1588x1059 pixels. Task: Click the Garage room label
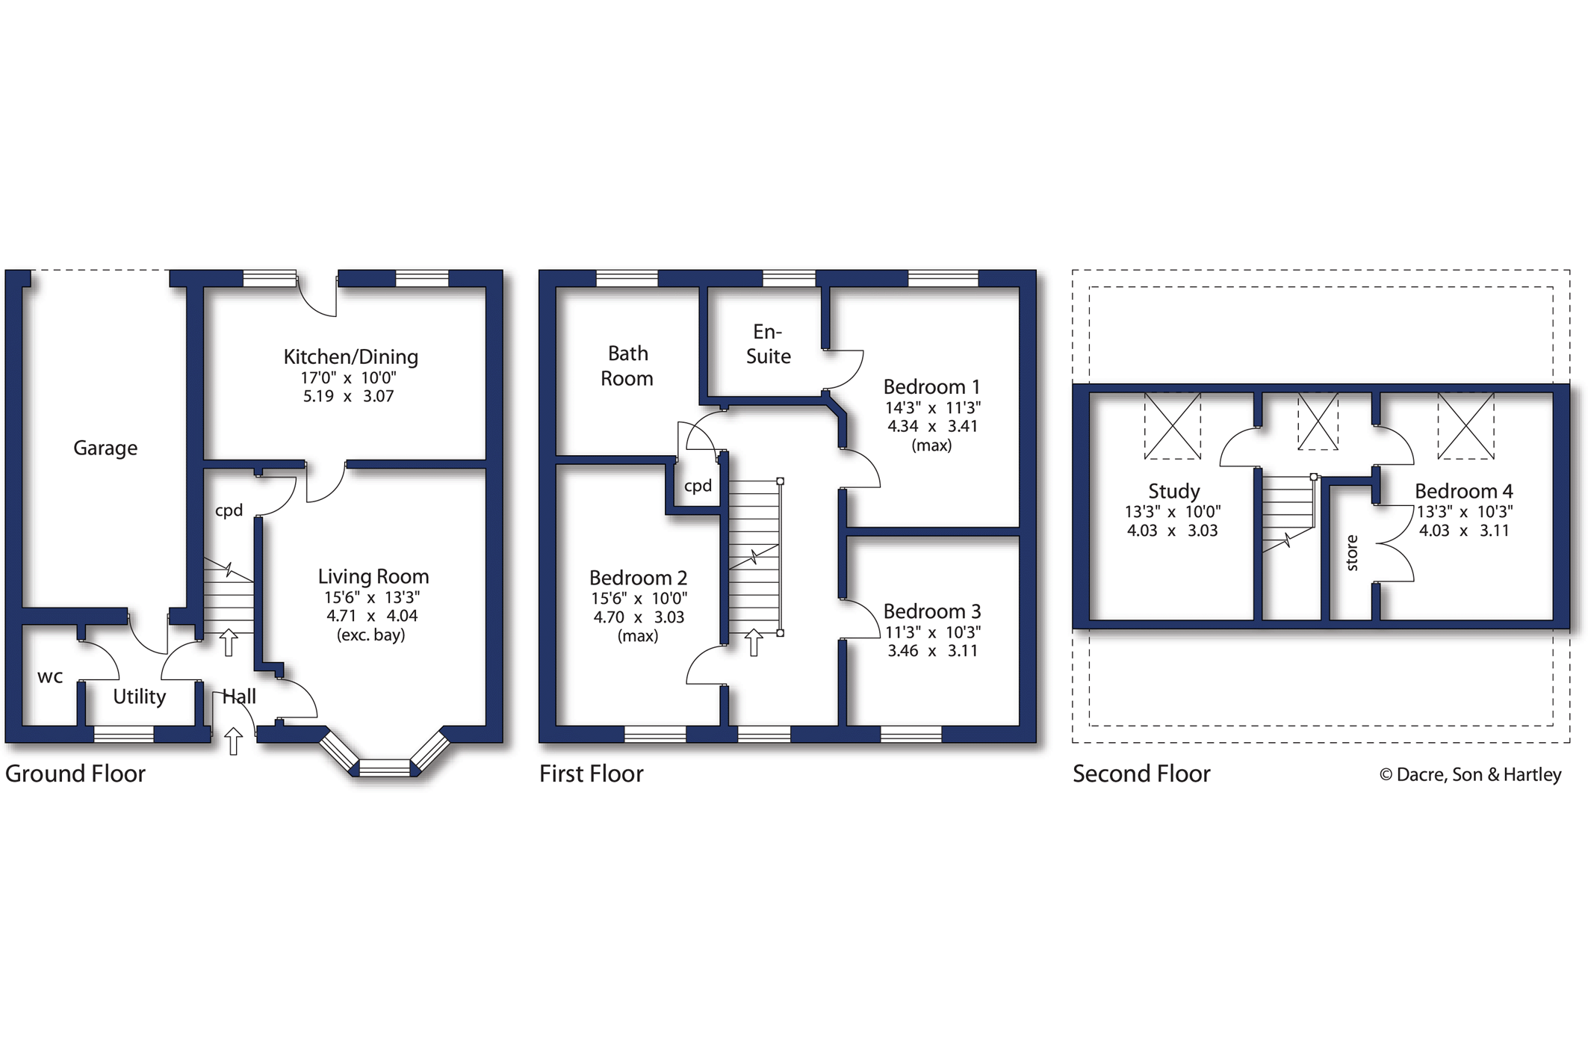tap(105, 448)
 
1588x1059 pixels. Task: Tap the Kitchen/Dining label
tap(350, 356)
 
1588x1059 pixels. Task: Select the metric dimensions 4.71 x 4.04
tap(372, 616)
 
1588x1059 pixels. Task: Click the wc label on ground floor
tap(50, 677)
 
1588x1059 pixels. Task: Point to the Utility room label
tap(140, 697)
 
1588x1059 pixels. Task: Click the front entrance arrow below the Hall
tap(234, 741)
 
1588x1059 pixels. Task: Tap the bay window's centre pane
tap(385, 768)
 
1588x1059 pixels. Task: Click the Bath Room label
tap(627, 365)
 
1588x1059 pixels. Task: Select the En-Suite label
tap(768, 344)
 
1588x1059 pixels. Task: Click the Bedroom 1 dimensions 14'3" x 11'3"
tap(932, 408)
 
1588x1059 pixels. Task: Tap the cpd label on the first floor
tap(698, 486)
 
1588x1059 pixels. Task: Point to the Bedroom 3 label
tap(932, 611)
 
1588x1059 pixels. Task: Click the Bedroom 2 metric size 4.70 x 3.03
tap(639, 617)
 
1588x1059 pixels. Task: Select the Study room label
tap(1173, 491)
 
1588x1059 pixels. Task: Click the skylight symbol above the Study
tap(1173, 425)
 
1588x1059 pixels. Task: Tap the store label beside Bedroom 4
tap(1352, 553)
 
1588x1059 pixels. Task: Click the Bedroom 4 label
tap(1463, 491)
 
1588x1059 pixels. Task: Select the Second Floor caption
tap(1141, 774)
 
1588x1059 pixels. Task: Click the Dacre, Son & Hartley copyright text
tap(1470, 774)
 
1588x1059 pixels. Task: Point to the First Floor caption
tap(591, 774)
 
